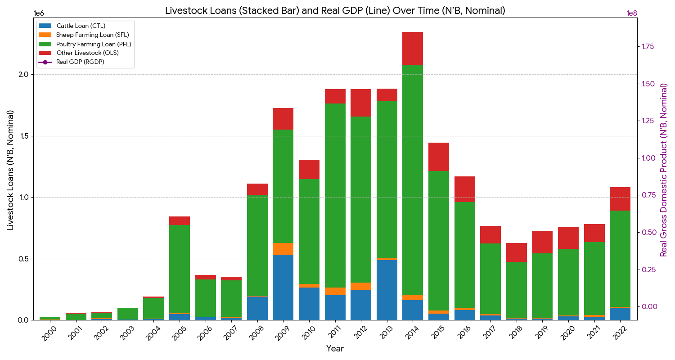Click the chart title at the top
(x=335, y=11)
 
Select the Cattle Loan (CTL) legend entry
(x=81, y=26)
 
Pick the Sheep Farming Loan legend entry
(x=92, y=35)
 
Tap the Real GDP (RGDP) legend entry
(x=80, y=62)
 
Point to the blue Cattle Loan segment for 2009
(x=283, y=287)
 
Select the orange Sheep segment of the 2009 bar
(x=283, y=249)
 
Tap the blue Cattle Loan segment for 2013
(x=387, y=290)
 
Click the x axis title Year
(x=335, y=349)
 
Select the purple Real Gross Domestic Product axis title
(x=664, y=170)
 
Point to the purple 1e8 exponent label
(x=632, y=13)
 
